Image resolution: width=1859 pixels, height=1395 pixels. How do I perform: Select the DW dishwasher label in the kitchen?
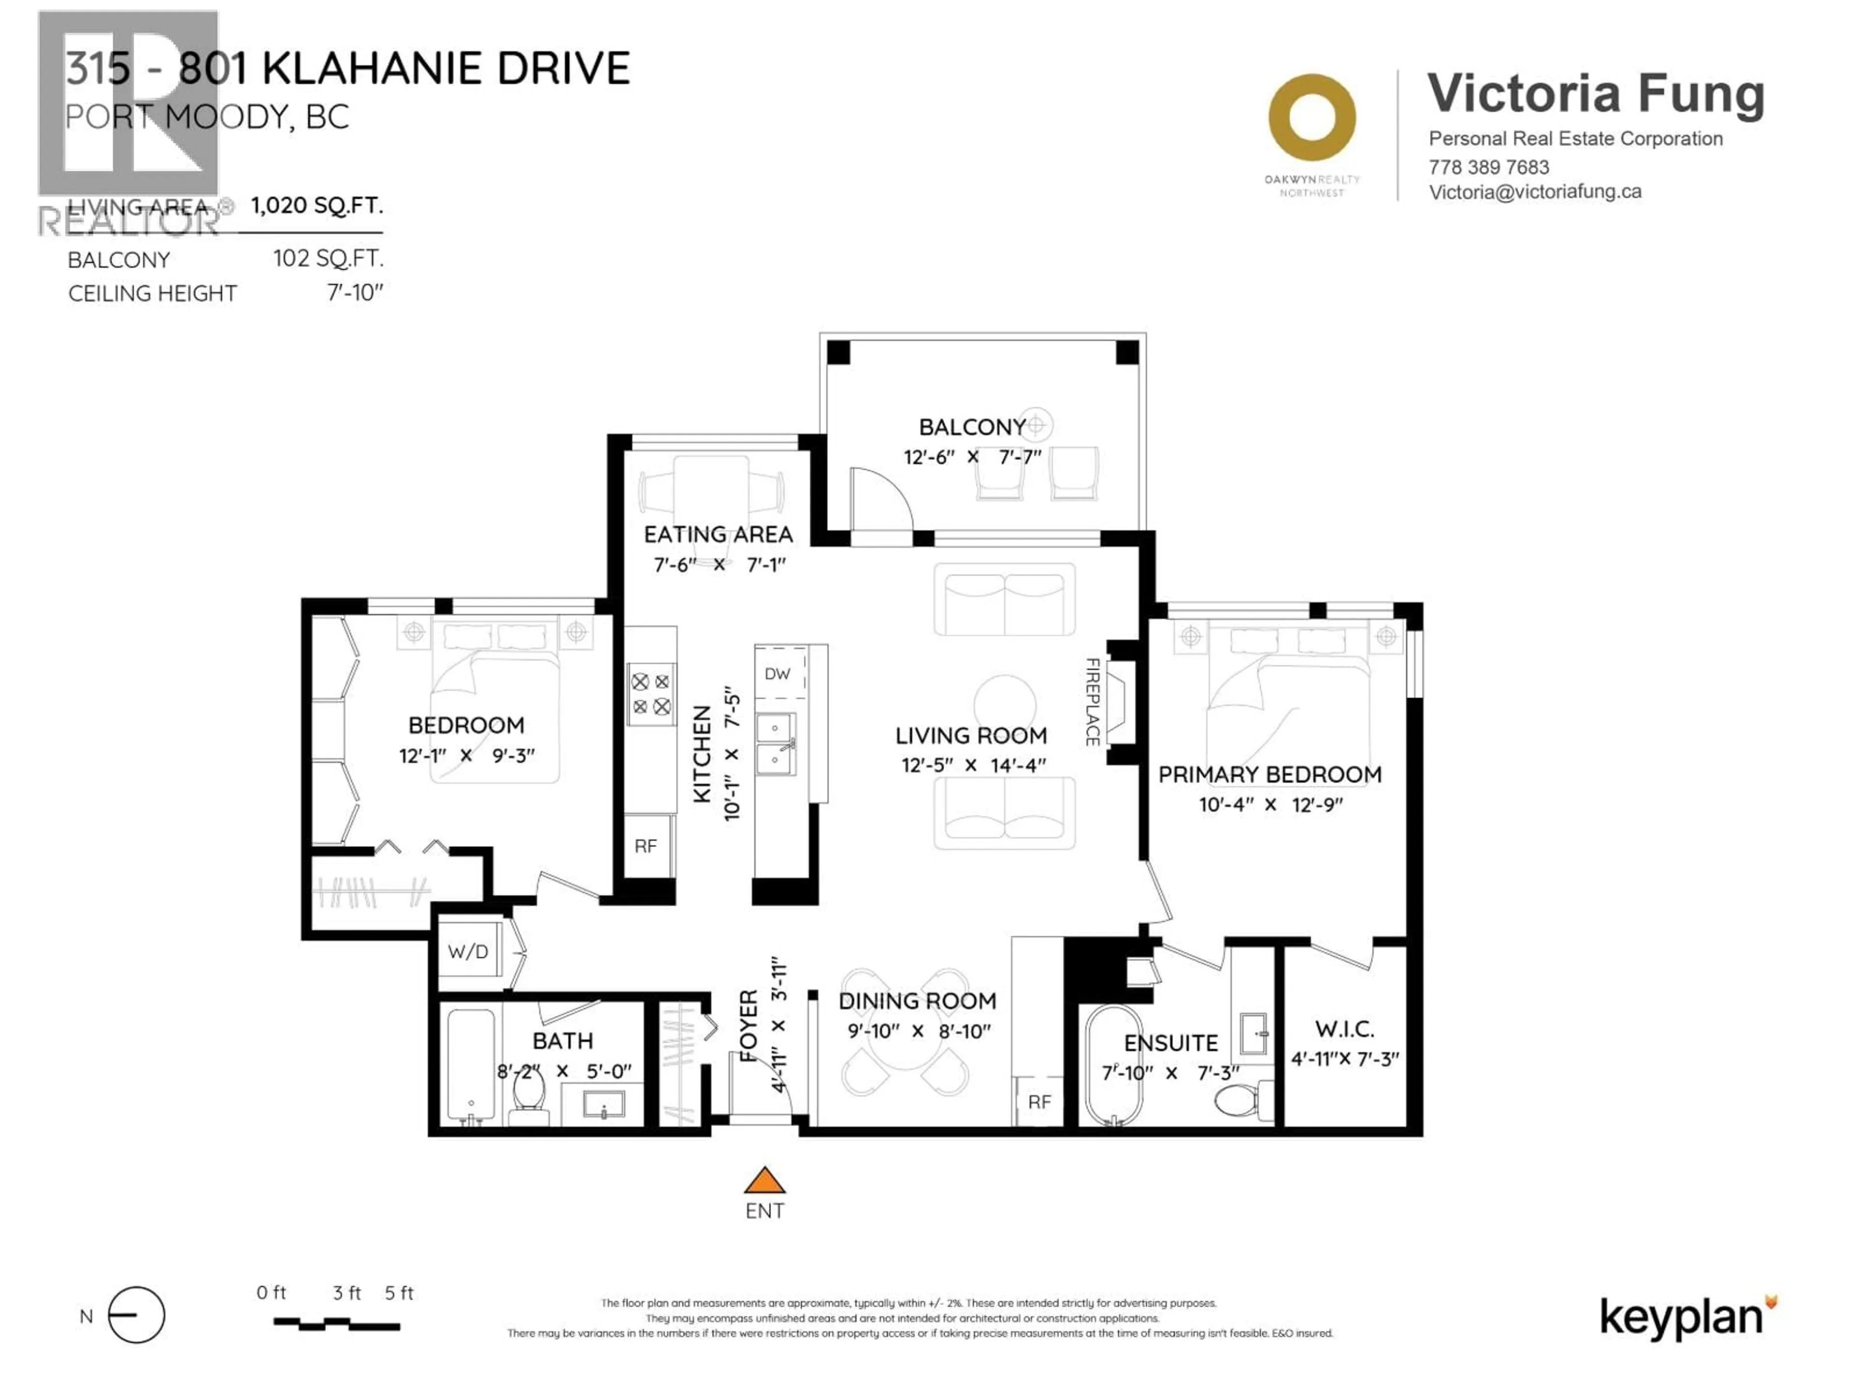tap(777, 674)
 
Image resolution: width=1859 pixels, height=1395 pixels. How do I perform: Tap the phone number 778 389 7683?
tap(1488, 167)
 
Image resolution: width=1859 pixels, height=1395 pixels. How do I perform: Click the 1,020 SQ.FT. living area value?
tap(317, 206)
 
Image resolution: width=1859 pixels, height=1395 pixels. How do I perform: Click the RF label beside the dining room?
tap(1039, 1101)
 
